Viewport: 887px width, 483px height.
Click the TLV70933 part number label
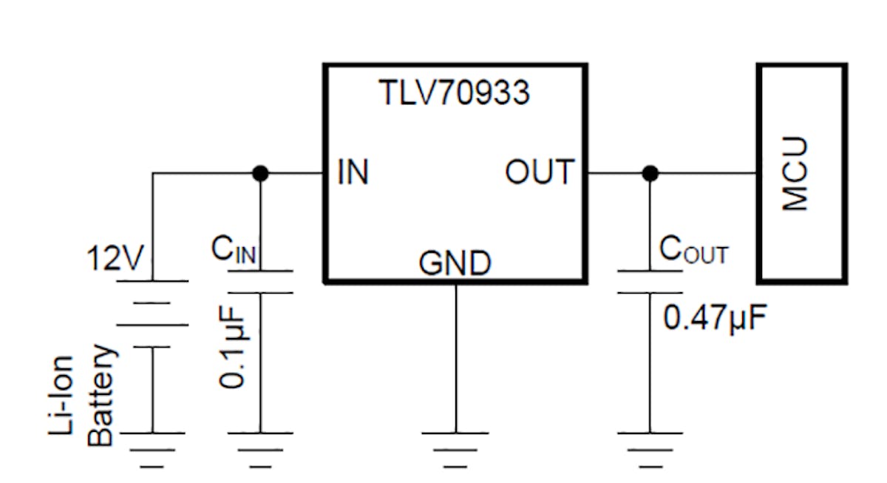[x=454, y=94]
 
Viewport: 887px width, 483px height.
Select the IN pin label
[x=353, y=172]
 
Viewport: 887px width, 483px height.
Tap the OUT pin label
[x=539, y=172]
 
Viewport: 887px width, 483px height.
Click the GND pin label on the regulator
[x=454, y=263]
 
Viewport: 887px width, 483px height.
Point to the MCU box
[x=801, y=173]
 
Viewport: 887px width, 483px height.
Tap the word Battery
[x=102, y=395]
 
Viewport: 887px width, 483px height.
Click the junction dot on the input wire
[x=259, y=174]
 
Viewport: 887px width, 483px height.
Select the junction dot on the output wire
[x=650, y=174]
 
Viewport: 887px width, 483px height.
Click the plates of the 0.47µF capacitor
[x=650, y=282]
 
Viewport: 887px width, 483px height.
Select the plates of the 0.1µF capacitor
[x=259, y=282]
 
